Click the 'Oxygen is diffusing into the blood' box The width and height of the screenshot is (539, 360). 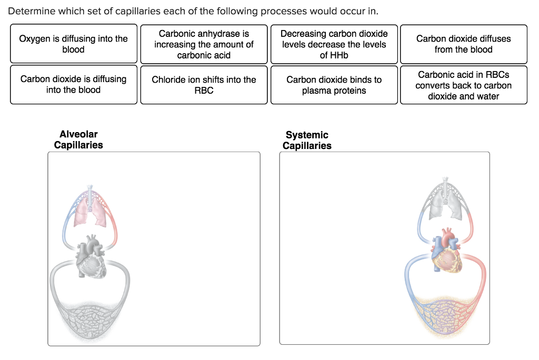73,44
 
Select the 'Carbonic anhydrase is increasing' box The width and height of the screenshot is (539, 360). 204,44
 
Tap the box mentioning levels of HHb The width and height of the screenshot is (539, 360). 334,44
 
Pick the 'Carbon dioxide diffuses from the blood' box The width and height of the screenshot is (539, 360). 463,44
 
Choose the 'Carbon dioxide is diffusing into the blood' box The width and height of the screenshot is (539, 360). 73,84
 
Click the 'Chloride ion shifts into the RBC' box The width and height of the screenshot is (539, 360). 204,84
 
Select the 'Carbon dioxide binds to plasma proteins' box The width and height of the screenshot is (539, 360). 334,85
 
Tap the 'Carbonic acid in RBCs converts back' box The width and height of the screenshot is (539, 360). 463,85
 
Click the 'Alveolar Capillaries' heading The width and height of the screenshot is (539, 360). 78,139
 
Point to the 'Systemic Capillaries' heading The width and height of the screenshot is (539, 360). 307,140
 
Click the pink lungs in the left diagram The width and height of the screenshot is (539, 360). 89,213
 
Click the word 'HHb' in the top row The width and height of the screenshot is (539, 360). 334,55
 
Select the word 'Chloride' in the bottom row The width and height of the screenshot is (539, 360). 168,79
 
